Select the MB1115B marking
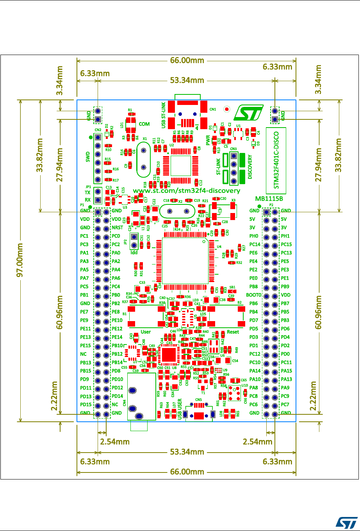pos(269,198)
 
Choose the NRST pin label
pos(118,228)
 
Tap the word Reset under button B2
pos(233,332)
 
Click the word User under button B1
pos(146,332)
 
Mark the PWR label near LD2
pos(208,140)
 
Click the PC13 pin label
pos(287,253)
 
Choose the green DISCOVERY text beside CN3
pos(250,167)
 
